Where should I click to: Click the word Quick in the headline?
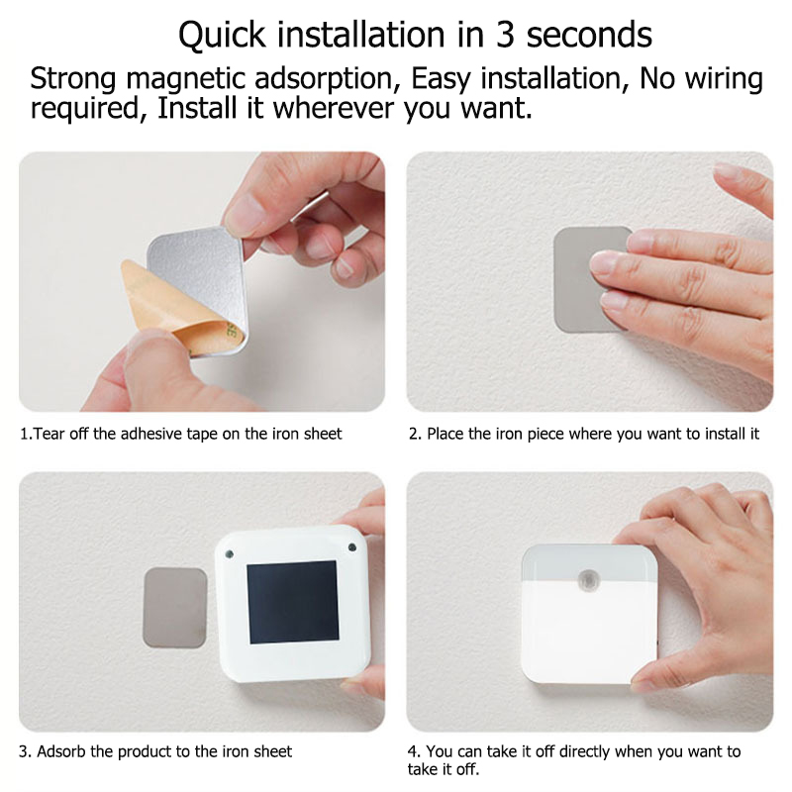pyautogui.click(x=222, y=36)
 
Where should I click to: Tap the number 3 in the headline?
pyautogui.click(x=504, y=35)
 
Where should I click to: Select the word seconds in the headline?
pyautogui.click(x=589, y=35)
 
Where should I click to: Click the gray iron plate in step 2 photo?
pyautogui.click(x=586, y=280)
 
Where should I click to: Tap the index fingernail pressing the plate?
pyautogui.click(x=606, y=262)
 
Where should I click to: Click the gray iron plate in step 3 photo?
pyautogui.click(x=175, y=608)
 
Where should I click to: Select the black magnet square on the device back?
pyautogui.click(x=292, y=602)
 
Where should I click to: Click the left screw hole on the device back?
pyautogui.click(x=229, y=553)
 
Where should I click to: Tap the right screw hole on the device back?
pyautogui.click(x=352, y=547)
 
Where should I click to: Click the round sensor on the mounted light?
pyautogui.click(x=588, y=580)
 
